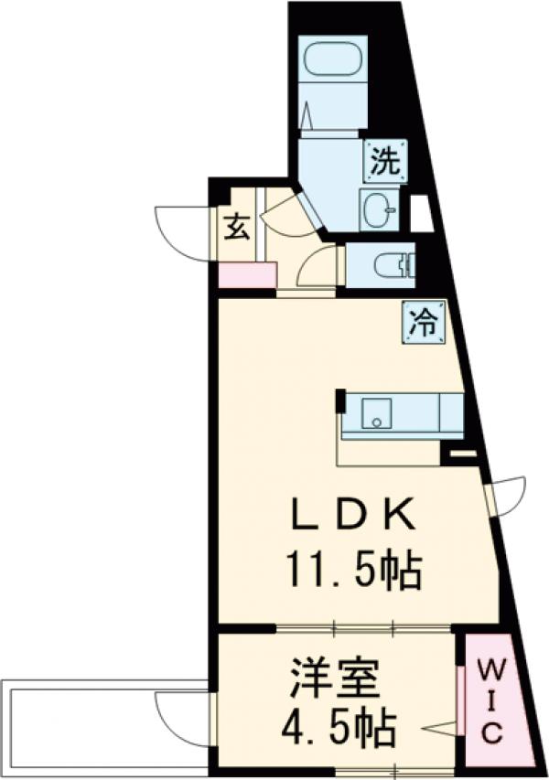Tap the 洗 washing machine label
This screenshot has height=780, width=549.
(384, 164)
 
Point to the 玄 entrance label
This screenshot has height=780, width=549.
(237, 226)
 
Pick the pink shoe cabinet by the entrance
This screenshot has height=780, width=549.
(247, 274)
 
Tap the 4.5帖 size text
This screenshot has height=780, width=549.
(338, 729)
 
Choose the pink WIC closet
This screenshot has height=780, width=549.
(491, 700)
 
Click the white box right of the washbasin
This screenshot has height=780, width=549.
(421, 213)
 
